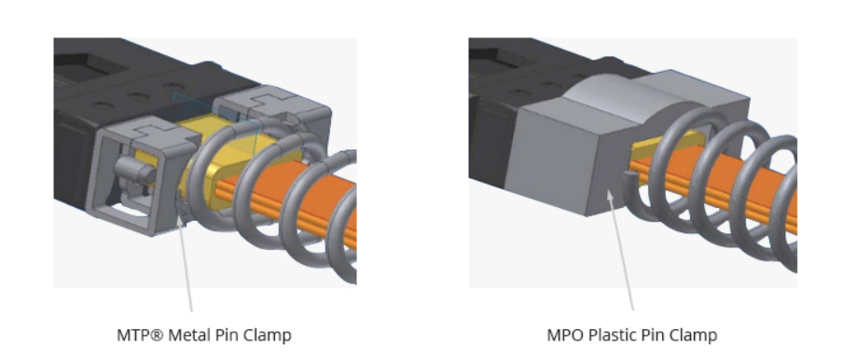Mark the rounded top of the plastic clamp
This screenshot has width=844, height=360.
click(634, 90)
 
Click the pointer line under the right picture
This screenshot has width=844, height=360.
click(623, 261)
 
